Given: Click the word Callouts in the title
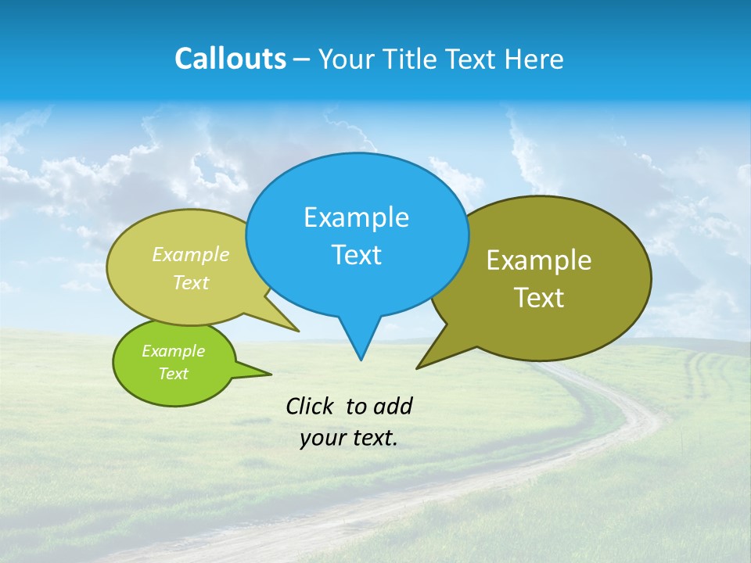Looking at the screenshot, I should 230,59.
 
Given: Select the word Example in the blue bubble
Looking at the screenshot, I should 356,217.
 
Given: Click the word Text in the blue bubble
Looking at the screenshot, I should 356,255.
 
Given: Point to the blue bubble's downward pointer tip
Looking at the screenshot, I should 361,359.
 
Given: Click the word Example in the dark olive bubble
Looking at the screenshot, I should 539,260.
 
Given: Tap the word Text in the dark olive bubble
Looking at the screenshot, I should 539,298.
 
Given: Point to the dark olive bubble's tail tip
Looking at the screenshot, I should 418,368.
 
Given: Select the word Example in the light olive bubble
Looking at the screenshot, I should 191,255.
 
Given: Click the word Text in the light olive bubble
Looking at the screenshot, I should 191,282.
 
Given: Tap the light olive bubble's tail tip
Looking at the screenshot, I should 298,331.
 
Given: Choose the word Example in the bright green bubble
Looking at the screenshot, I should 173,351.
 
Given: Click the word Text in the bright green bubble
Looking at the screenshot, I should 173,374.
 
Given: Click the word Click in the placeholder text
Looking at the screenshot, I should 311,406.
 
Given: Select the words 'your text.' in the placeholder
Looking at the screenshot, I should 349,439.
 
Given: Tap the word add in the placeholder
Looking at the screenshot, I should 392,406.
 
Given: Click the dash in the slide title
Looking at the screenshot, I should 302,59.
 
